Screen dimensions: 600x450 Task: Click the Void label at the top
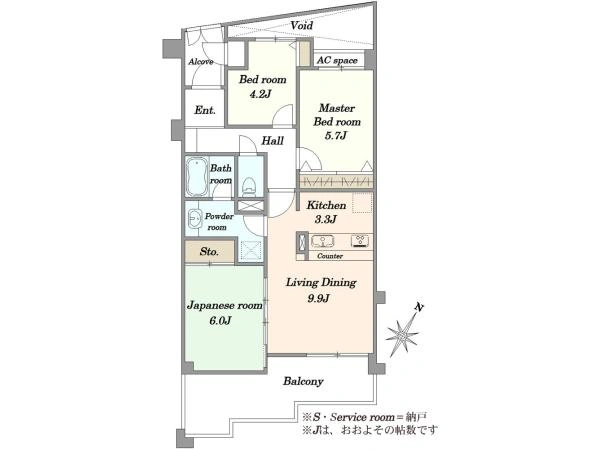[x=302, y=26]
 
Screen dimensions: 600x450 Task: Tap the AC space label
[x=337, y=60]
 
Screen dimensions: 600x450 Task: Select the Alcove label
[x=201, y=62]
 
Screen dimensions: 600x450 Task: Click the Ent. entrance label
[x=205, y=110]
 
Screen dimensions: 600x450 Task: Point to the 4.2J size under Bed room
[x=260, y=94]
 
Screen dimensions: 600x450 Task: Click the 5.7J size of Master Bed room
[x=336, y=135]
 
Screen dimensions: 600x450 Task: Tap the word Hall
[x=272, y=141]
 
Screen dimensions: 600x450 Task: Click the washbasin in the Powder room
[x=195, y=219]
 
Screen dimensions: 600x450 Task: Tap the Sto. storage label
[x=209, y=252]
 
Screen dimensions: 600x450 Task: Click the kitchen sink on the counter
[x=323, y=241]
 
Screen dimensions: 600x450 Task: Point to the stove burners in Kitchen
[x=360, y=241]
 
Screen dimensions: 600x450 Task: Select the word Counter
[x=330, y=256]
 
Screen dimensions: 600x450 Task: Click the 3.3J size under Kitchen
[x=326, y=219]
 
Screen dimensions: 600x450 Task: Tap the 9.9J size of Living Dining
[x=318, y=298]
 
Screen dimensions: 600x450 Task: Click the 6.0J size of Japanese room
[x=220, y=321]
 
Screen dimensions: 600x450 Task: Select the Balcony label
[x=303, y=381]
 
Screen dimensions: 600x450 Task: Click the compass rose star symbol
[x=402, y=336]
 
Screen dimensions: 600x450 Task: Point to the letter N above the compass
[x=420, y=307]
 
